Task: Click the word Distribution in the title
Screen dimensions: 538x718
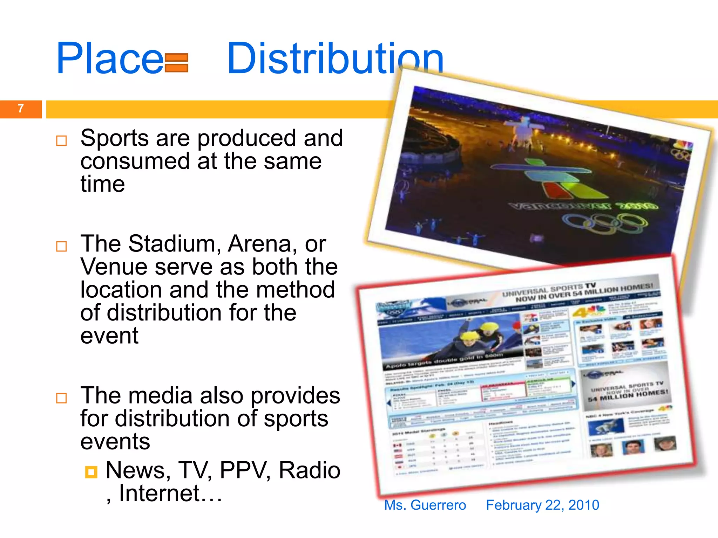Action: pos(335,59)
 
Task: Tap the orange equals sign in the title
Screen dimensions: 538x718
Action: pos(176,63)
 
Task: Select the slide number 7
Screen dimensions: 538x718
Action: pos(21,109)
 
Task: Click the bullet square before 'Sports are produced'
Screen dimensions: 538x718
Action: pos(61,141)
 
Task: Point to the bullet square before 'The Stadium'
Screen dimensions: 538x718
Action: pos(61,247)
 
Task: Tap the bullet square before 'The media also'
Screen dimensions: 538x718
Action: pos(61,398)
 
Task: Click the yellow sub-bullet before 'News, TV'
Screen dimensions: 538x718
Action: pos(91,472)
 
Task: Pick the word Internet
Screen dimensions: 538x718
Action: pos(160,494)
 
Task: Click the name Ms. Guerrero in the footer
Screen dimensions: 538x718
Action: pos(425,505)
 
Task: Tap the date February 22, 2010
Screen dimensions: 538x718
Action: pos(542,505)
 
